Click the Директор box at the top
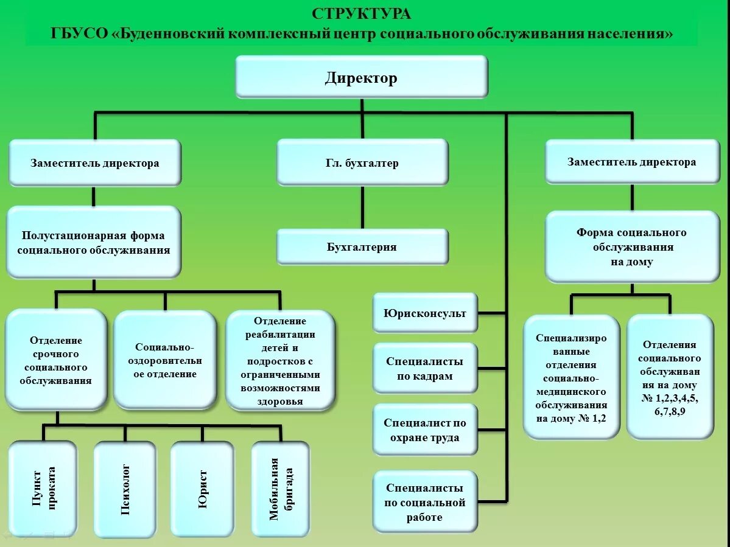click(x=361, y=77)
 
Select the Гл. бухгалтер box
click(x=362, y=162)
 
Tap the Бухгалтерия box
click(x=362, y=247)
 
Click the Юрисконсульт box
click(x=425, y=313)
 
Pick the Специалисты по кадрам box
click(x=425, y=369)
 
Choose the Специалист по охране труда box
click(x=425, y=430)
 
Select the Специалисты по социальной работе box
click(x=425, y=503)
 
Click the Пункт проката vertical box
click(x=43, y=488)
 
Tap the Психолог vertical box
click(x=125, y=489)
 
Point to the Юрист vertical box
click(x=202, y=489)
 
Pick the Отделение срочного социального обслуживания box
click(x=56, y=360)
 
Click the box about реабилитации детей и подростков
click(x=280, y=360)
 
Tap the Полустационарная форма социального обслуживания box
click(x=94, y=242)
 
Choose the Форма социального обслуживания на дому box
click(x=632, y=247)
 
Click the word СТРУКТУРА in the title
click(x=362, y=13)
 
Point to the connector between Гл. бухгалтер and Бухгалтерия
click(x=363, y=207)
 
